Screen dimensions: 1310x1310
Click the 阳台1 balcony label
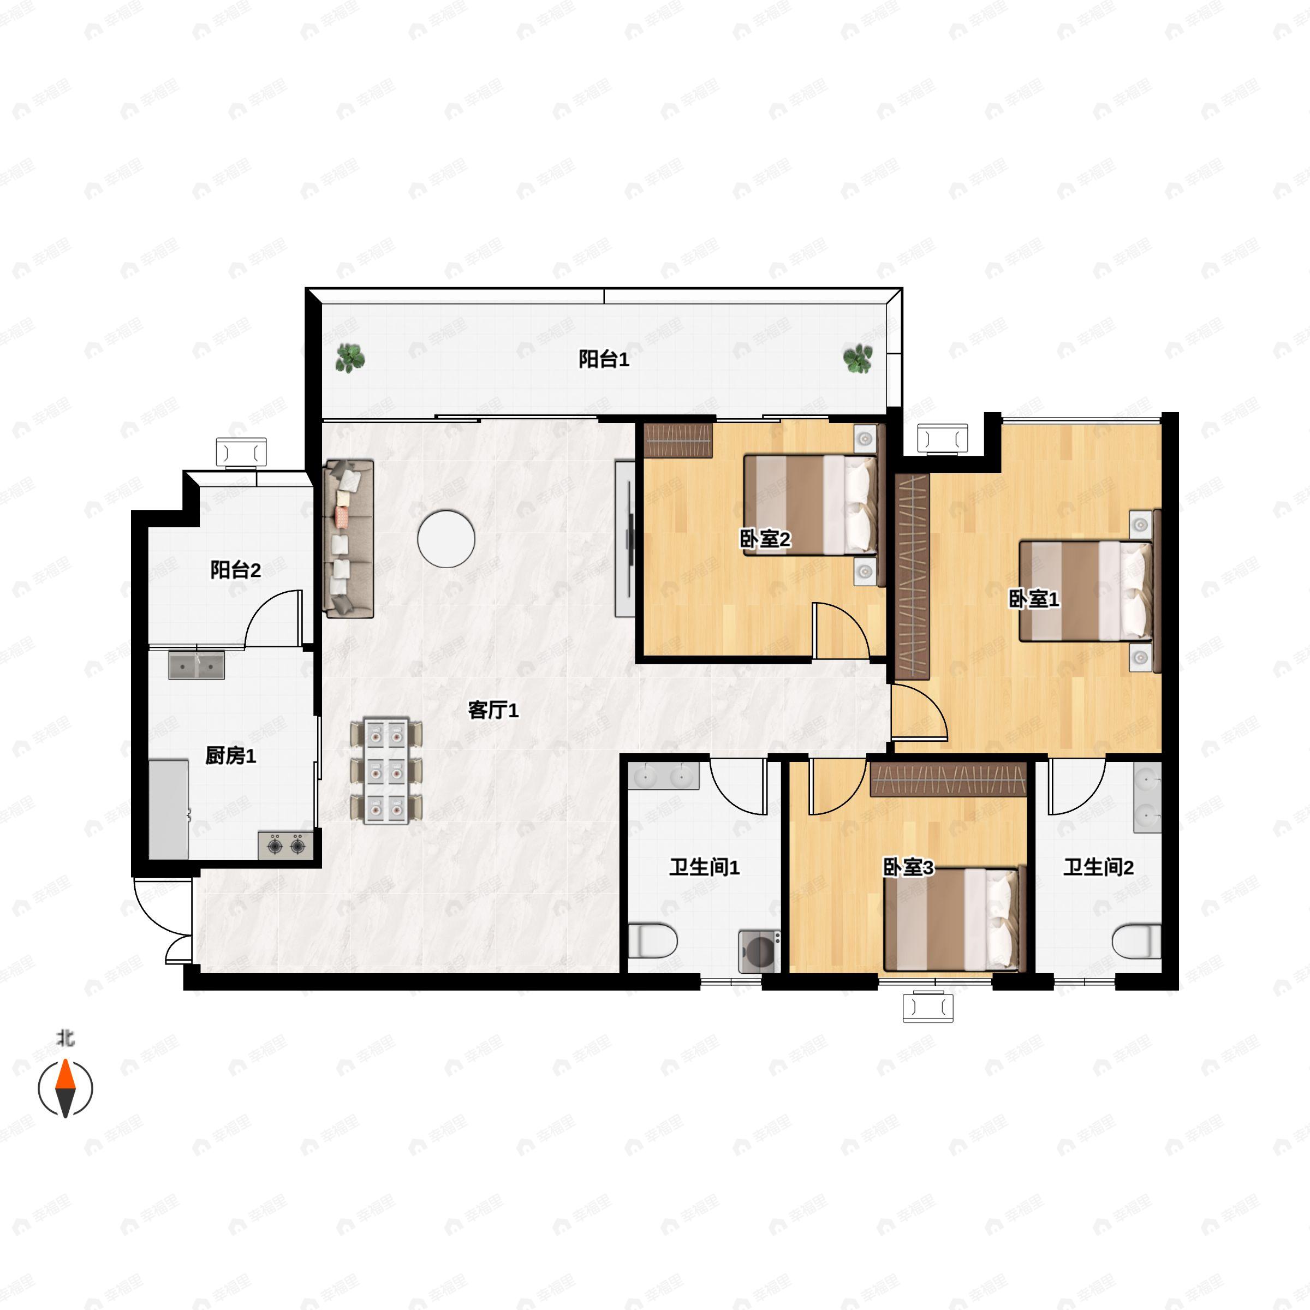tap(604, 359)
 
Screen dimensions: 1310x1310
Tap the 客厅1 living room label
tap(493, 711)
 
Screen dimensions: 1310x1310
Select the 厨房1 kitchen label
tap(230, 755)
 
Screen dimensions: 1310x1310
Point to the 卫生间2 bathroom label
tap(1098, 867)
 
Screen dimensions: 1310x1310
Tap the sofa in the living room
tap(349, 539)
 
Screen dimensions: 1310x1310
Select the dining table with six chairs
tap(386, 770)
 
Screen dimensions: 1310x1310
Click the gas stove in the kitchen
tap(285, 845)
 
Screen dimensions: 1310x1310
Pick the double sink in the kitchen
tap(196, 665)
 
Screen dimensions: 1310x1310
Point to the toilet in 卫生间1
tap(652, 941)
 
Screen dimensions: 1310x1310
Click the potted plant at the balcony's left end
tap(350, 358)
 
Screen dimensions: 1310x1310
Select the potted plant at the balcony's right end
tap(858, 358)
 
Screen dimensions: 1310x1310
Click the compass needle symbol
tap(65, 1088)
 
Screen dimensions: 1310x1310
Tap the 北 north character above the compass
tap(65, 1038)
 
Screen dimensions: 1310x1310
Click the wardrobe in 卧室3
tap(948, 779)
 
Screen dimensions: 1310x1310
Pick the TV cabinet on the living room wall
tap(625, 539)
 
